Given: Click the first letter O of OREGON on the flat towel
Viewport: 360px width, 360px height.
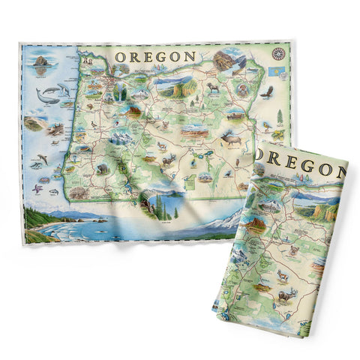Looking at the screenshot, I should pyautogui.click(x=120, y=55).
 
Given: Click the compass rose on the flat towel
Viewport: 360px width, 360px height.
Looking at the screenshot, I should pyautogui.click(x=279, y=54).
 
